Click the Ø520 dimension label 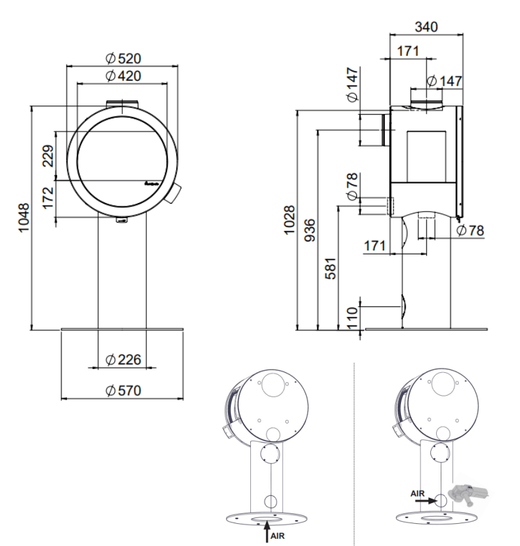123,59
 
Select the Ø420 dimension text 123,76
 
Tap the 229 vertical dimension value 48,156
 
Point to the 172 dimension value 48,198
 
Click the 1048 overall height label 23,218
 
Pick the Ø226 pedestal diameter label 123,360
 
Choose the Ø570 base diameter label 123,390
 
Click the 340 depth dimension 426,27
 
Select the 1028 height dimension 289,220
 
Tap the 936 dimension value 309,230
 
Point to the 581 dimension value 331,269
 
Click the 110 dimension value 352,318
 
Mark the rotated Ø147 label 352,85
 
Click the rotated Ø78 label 352,187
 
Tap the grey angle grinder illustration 469,495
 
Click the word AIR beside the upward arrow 277,536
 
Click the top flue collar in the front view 122,104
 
